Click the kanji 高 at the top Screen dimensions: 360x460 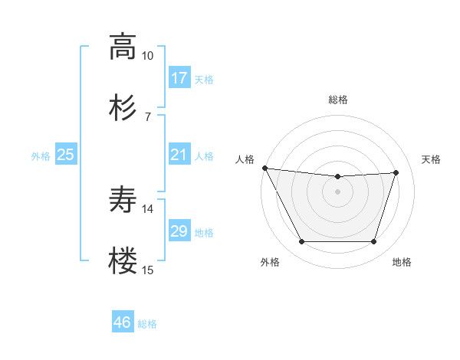point(123,47)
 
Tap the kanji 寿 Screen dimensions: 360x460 point(123,200)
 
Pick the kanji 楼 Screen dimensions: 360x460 point(123,260)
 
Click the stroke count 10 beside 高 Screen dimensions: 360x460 point(148,56)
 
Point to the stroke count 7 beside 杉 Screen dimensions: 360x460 point(148,116)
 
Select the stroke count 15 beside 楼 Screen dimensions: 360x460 point(148,269)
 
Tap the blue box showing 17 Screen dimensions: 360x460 point(179,78)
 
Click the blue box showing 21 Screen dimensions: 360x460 point(179,155)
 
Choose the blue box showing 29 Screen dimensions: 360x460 point(179,231)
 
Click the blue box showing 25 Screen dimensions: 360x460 point(66,155)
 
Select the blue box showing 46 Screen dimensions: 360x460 point(123,322)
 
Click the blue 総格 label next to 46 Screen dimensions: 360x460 point(148,324)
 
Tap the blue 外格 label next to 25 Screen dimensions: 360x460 point(41,155)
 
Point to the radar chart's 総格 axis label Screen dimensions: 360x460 point(338,100)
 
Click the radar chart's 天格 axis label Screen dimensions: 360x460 point(432,159)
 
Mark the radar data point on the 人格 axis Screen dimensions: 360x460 point(264,168)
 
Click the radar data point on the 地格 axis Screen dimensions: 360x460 point(374,242)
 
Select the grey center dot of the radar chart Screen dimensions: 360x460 point(338,191)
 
